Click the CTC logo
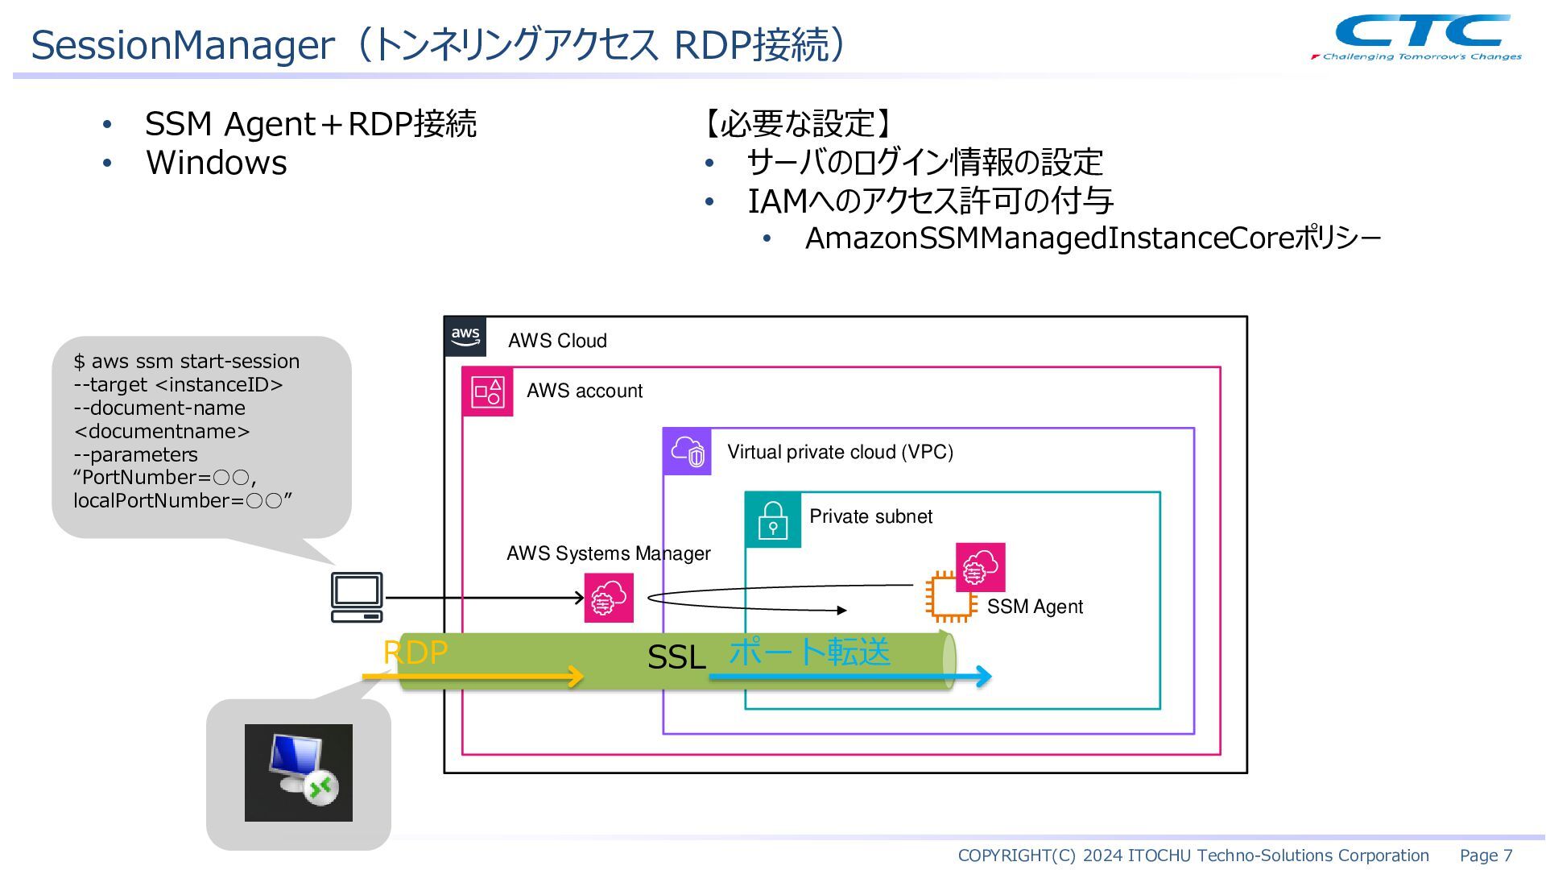click(x=1417, y=37)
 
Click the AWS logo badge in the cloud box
click(x=465, y=337)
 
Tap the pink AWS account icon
click(x=487, y=391)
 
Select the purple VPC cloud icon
click(x=687, y=451)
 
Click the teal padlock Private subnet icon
click(x=773, y=520)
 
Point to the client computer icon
click(x=357, y=597)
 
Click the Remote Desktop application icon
click(x=299, y=773)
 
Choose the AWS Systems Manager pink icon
click(x=609, y=598)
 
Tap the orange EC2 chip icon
click(x=951, y=597)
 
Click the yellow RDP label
click(x=415, y=652)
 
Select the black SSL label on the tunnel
click(x=676, y=657)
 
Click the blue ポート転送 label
click(x=809, y=651)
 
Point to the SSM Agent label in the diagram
click(x=1035, y=607)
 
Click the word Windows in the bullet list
click(x=217, y=163)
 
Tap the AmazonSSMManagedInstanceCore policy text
click(x=1093, y=238)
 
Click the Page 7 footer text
click(x=1486, y=855)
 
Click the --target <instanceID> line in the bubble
click(x=178, y=384)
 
